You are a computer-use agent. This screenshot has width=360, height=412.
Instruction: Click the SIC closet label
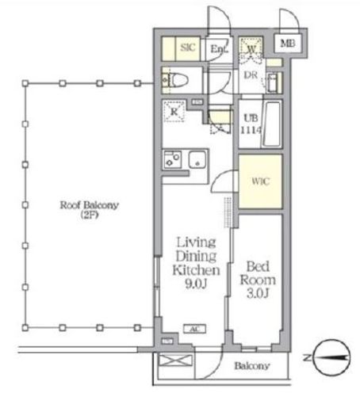click(x=188, y=48)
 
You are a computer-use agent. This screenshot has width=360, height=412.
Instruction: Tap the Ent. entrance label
click(x=219, y=48)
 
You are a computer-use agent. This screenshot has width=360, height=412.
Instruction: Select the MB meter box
click(x=288, y=43)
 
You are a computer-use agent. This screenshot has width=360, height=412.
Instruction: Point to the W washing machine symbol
click(x=251, y=48)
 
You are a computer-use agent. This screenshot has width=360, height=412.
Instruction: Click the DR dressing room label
click(x=251, y=75)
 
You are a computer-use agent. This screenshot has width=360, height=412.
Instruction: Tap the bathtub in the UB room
click(x=272, y=124)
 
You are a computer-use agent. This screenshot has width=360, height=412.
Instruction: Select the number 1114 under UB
click(x=251, y=130)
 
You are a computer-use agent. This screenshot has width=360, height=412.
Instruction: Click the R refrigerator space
click(x=174, y=111)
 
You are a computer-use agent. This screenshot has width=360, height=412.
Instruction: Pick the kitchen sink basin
click(x=197, y=160)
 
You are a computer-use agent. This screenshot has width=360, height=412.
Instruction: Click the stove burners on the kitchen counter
click(x=173, y=159)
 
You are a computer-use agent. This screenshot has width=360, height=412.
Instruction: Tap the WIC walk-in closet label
click(x=260, y=181)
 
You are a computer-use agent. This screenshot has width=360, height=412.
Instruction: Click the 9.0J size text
click(x=196, y=284)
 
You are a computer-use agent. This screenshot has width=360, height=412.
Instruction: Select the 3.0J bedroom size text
click(x=258, y=293)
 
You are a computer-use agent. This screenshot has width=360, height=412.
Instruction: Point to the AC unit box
click(x=194, y=329)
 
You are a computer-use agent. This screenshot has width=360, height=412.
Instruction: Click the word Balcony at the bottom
click(x=252, y=366)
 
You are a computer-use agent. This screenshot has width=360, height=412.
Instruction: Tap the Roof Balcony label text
click(x=90, y=205)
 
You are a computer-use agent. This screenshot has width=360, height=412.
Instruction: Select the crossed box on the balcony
click(x=176, y=360)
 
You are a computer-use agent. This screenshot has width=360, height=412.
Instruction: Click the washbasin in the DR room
click(x=272, y=82)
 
